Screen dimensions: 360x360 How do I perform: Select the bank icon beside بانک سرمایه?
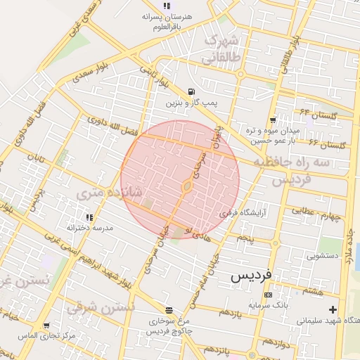267,295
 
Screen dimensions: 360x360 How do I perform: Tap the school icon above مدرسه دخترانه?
89,218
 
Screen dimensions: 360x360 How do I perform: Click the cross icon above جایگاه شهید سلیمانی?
333,309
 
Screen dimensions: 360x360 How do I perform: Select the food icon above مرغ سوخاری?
169,310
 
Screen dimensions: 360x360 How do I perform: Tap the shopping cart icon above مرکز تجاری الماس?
46,326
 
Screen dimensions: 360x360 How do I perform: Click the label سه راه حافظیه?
301,162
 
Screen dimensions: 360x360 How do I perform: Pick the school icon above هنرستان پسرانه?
166,6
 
